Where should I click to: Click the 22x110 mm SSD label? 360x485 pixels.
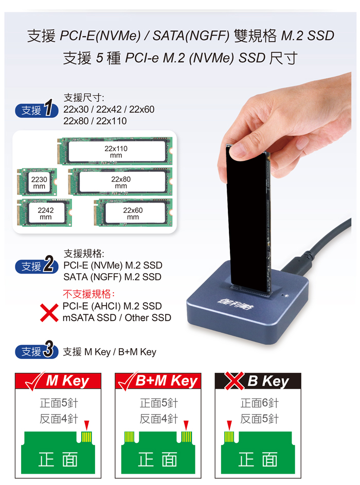(x=117, y=151)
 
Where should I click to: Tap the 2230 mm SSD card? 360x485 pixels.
(x=37, y=182)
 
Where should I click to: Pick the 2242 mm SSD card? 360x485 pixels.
(x=45, y=213)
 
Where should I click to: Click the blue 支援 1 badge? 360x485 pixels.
(x=37, y=110)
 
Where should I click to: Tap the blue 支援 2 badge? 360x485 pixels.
(x=37, y=265)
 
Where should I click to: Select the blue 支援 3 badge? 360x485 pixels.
(x=37, y=351)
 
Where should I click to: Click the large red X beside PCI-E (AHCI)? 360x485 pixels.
(x=49, y=313)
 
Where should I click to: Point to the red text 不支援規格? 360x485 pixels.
(x=89, y=294)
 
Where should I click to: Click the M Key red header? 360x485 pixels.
(x=58, y=381)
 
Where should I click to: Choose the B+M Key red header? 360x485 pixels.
(x=158, y=381)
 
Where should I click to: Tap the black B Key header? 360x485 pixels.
(x=258, y=381)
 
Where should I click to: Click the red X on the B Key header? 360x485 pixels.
(x=234, y=381)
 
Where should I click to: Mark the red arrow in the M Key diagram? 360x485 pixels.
(x=86, y=425)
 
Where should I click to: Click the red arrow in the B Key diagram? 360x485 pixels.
(x=229, y=425)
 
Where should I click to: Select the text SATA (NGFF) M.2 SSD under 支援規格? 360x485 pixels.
(x=112, y=277)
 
